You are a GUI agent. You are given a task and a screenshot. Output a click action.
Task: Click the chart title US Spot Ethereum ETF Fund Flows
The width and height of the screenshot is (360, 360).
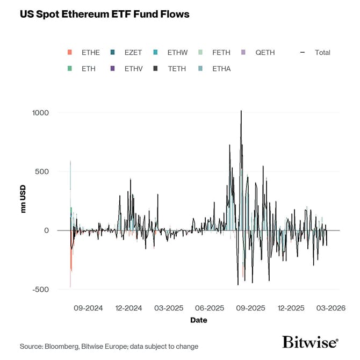(105, 14)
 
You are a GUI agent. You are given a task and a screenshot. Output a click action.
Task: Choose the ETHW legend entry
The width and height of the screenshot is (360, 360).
(177, 53)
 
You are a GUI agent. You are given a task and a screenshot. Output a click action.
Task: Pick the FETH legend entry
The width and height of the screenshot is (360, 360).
(221, 53)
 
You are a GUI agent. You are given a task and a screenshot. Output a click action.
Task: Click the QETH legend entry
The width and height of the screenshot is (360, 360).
(265, 53)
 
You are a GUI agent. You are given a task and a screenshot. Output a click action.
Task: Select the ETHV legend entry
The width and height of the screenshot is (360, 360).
(133, 69)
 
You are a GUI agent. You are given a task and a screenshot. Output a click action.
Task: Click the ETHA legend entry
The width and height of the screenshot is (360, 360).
(221, 69)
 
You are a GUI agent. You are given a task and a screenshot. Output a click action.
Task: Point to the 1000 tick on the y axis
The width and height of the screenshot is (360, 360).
(40, 113)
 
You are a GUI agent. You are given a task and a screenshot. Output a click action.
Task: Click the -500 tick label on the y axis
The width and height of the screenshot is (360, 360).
(40, 290)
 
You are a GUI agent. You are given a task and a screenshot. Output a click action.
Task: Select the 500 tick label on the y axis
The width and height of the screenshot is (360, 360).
(42, 171)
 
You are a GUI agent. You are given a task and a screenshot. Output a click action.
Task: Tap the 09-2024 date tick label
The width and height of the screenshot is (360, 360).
(88, 308)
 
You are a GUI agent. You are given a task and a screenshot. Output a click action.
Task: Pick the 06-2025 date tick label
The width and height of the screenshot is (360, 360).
(210, 308)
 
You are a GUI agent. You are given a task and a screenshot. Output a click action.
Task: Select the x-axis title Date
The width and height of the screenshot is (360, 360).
(198, 320)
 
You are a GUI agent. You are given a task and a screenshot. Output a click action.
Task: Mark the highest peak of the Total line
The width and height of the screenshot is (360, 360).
(241, 111)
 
